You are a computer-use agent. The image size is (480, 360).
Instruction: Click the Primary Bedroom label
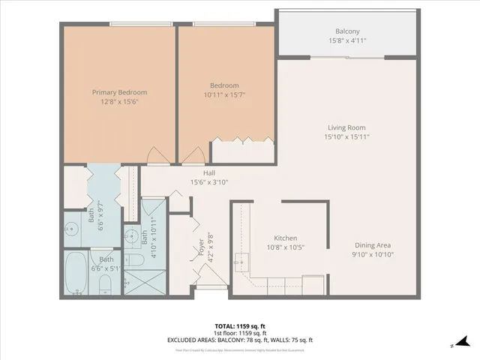click(119, 92)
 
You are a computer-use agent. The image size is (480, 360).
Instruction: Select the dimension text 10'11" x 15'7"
click(224, 95)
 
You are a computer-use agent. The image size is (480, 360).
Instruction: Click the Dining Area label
click(373, 245)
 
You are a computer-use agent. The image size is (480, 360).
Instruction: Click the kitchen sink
click(241, 262)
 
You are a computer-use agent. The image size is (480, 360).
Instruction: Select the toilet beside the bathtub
click(106, 284)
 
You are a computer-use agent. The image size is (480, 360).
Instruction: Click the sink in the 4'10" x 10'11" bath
click(132, 233)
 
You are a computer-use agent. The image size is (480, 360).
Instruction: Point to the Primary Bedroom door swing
click(157, 156)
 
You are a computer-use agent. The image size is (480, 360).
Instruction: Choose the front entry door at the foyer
click(215, 284)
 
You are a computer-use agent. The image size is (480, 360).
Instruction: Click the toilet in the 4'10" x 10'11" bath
click(136, 260)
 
